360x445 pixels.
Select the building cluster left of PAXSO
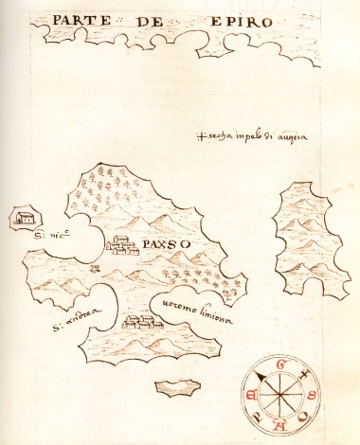(123, 245)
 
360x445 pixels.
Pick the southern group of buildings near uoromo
(141, 323)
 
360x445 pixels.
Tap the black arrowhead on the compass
(260, 376)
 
